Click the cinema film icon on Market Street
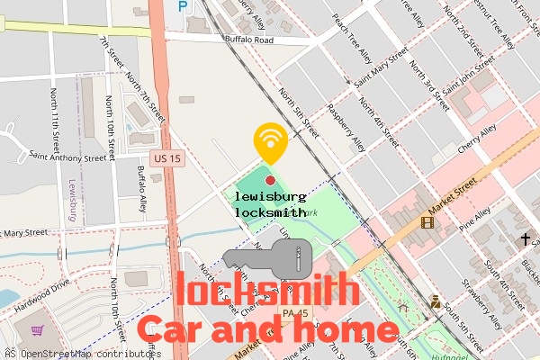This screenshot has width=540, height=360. coord(427,221)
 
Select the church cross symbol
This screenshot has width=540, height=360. coord(525,239)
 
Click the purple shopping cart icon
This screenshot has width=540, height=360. coord(38,331)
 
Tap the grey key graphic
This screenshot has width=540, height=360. coord(267,260)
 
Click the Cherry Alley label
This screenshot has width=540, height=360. coord(478,139)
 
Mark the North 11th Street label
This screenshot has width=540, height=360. coord(56,124)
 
